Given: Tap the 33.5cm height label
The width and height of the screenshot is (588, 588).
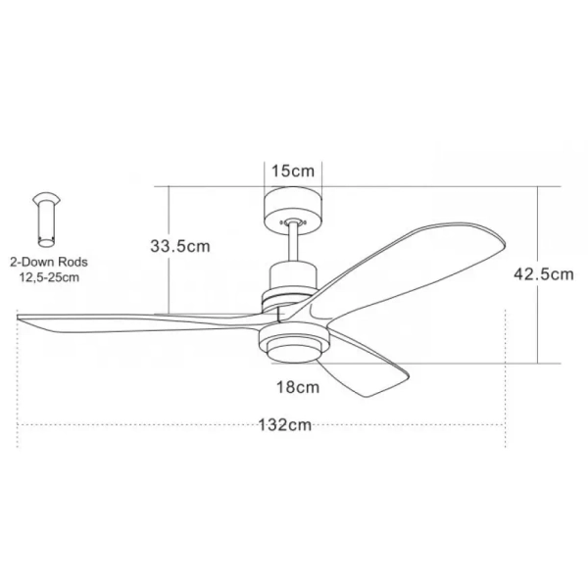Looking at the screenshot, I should click(180, 247).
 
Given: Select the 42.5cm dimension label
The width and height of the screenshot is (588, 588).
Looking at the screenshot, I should click(543, 274).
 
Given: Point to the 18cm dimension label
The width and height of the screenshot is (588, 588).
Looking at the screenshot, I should click(298, 386).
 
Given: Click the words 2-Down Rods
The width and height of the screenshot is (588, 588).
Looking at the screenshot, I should click(49, 263).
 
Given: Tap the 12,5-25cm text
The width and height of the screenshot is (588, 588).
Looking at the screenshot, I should click(49, 278).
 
